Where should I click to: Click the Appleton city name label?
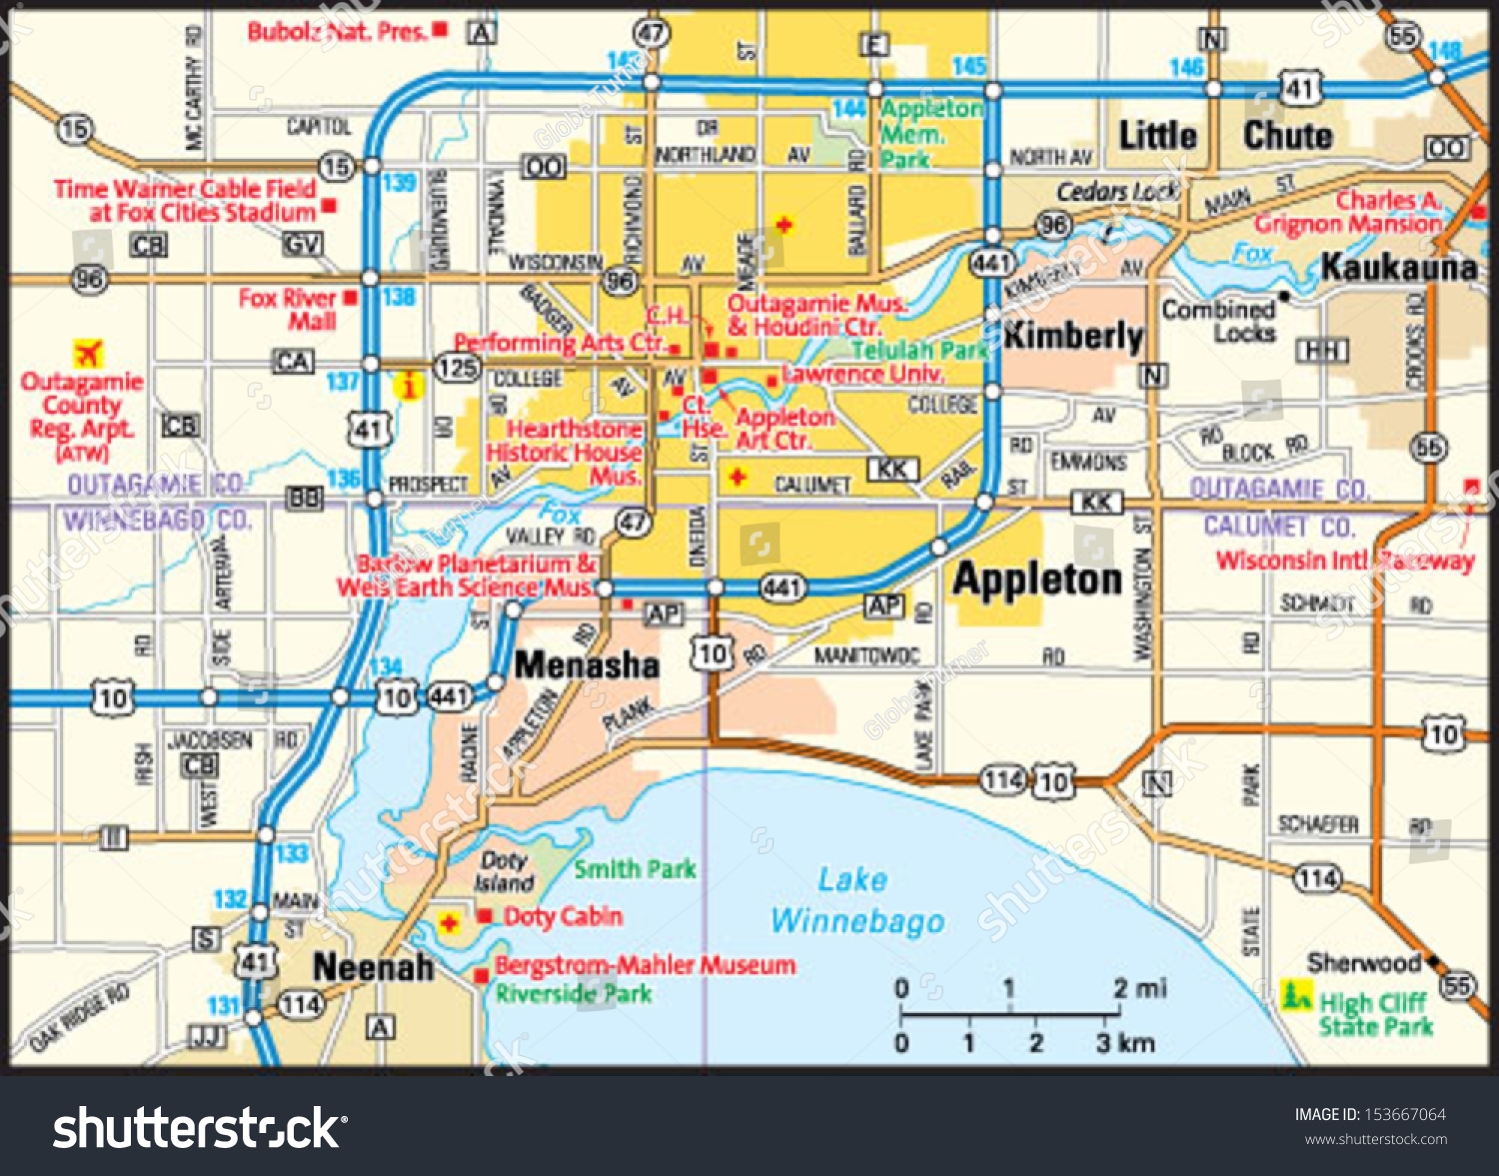click(1037, 579)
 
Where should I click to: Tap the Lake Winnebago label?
click(856, 900)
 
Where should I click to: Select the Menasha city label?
click(587, 664)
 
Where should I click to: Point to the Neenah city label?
click(373, 966)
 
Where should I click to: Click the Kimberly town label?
click(1073, 336)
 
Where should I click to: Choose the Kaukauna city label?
click(1398, 267)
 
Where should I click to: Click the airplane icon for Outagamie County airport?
click(89, 354)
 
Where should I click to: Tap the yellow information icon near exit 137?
click(408, 386)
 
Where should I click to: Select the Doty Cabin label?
click(563, 916)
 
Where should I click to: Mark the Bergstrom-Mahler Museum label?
click(646, 965)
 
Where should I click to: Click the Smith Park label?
click(635, 869)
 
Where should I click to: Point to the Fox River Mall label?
click(288, 310)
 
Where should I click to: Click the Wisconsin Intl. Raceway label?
click(1344, 561)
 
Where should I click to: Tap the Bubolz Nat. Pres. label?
click(337, 32)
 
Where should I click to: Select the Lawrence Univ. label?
click(862, 374)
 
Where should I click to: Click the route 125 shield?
click(457, 367)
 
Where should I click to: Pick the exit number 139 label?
click(399, 182)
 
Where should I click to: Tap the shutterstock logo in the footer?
click(200, 1128)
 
